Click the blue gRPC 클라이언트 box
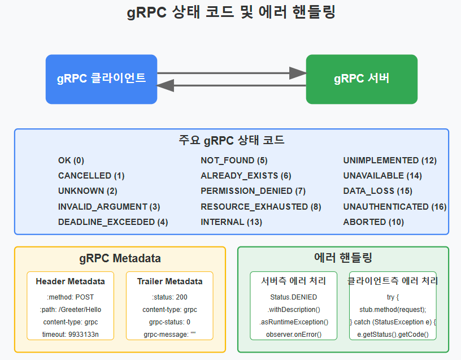click(x=101, y=79)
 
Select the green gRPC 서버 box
click(x=362, y=79)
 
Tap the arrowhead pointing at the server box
click(x=297, y=73)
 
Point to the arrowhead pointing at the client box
click(x=166, y=85)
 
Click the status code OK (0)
click(x=71, y=161)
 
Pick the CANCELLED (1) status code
click(x=91, y=176)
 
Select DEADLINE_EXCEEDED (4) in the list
click(x=113, y=222)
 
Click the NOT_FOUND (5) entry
click(x=234, y=161)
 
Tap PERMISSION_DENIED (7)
click(x=253, y=191)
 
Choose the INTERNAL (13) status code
click(x=231, y=222)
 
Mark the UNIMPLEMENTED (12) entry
click(x=390, y=161)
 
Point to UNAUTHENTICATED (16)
click(x=395, y=207)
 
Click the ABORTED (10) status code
click(x=373, y=222)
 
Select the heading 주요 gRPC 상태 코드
click(x=231, y=140)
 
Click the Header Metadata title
click(x=70, y=281)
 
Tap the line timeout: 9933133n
click(x=70, y=334)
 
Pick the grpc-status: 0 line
click(x=169, y=322)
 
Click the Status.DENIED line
click(x=294, y=297)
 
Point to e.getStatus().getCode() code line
click(x=393, y=334)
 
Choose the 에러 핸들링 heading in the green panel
click(x=343, y=258)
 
